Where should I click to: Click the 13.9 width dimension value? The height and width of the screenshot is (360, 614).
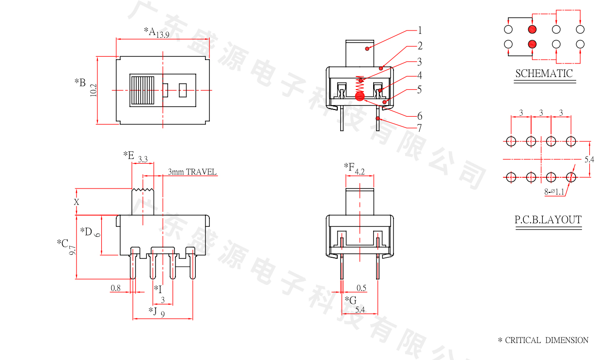pos(162,34)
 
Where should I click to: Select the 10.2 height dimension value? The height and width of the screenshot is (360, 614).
pos(94,90)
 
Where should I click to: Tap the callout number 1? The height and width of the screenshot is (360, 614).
pos(420,30)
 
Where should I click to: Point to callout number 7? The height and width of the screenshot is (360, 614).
pos(420,128)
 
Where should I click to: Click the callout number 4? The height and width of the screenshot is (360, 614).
pos(420,76)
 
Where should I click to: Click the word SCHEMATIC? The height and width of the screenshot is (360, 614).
pos(544,74)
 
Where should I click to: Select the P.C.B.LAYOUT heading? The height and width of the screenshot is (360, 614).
pos(548,220)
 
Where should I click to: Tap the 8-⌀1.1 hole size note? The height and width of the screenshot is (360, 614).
pos(554,192)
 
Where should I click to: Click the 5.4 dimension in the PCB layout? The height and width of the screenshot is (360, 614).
pos(589,159)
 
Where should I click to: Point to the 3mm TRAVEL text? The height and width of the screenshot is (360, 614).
pos(192,172)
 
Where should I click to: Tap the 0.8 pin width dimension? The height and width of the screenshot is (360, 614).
pos(115,288)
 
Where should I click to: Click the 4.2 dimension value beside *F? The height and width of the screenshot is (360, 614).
pos(360,171)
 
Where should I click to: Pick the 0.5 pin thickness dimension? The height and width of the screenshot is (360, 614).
pos(362,288)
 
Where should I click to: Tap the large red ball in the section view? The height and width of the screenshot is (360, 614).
pos(359,97)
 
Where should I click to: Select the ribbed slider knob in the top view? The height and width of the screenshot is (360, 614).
pos(142,90)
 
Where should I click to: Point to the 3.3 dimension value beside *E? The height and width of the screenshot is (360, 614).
pos(143,159)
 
